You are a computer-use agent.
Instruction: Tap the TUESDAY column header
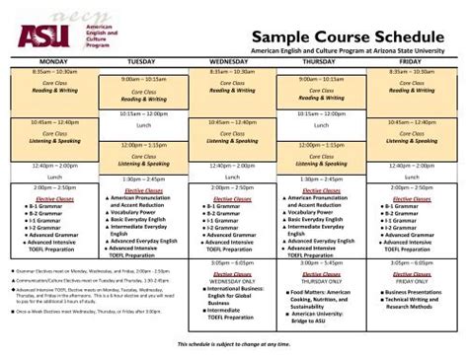point(142,61)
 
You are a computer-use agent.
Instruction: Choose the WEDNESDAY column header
point(231,61)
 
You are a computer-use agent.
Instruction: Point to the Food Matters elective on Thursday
point(327,291)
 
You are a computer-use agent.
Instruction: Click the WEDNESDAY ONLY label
point(231,280)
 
